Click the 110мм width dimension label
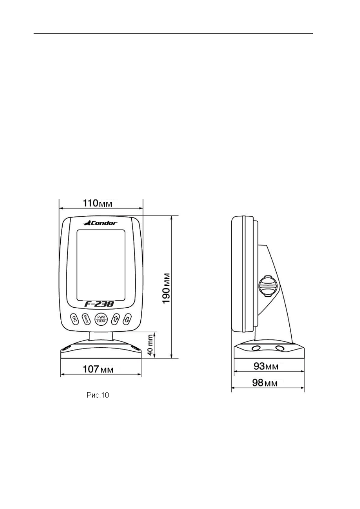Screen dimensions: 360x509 point(97,203)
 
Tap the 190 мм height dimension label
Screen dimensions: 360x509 point(166,288)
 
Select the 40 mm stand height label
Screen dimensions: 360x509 point(150,345)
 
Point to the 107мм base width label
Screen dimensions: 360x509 point(98,369)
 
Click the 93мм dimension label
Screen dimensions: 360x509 point(266,366)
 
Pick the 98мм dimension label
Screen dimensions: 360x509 point(265,383)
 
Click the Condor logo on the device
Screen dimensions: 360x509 point(100,223)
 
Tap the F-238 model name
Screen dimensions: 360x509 point(99,304)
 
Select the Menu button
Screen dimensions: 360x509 point(86,319)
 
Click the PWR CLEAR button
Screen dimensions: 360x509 point(101,319)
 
